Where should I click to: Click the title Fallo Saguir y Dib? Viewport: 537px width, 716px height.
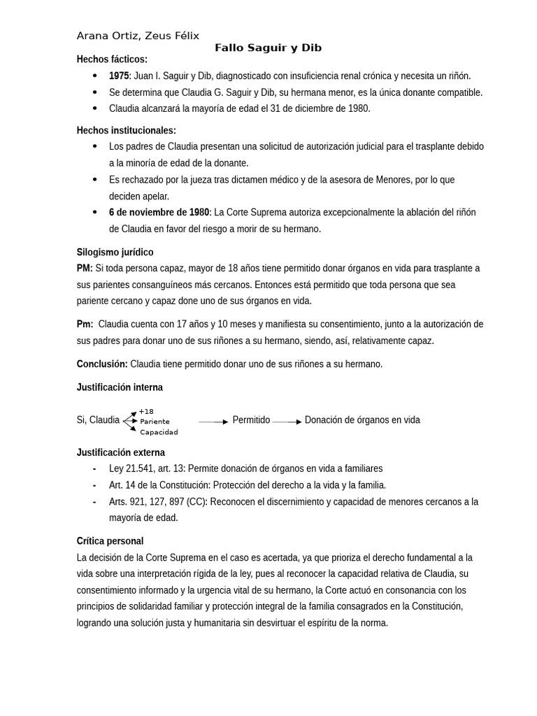pos(268,48)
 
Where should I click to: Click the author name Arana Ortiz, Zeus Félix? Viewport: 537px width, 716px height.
pos(138,36)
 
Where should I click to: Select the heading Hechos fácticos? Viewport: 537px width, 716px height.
pos(112,59)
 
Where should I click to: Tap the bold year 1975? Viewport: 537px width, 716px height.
pos(119,76)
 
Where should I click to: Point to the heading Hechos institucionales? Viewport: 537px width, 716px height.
pos(126,130)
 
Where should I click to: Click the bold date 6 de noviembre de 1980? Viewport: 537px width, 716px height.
pos(159,212)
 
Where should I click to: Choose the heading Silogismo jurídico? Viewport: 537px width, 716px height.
pos(115,252)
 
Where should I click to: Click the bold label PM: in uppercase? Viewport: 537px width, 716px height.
pos(85,268)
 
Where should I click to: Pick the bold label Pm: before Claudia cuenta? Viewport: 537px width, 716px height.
pos(85,324)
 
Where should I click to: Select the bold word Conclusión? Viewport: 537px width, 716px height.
pos(102,364)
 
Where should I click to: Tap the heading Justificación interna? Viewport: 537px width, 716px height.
pos(120,387)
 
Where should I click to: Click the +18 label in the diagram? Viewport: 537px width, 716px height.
pos(145,411)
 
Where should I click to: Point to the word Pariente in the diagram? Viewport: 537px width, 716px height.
pos(155,422)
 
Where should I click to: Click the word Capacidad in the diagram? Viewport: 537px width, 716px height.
pos(159,432)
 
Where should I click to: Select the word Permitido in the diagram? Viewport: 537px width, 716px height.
pos(251,420)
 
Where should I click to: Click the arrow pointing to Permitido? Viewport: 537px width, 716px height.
pos(213,422)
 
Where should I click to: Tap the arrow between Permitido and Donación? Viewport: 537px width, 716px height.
pos(287,422)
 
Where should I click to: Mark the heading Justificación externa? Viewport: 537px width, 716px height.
pos(120,452)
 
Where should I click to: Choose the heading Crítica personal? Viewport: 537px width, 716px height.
pos(110,540)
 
